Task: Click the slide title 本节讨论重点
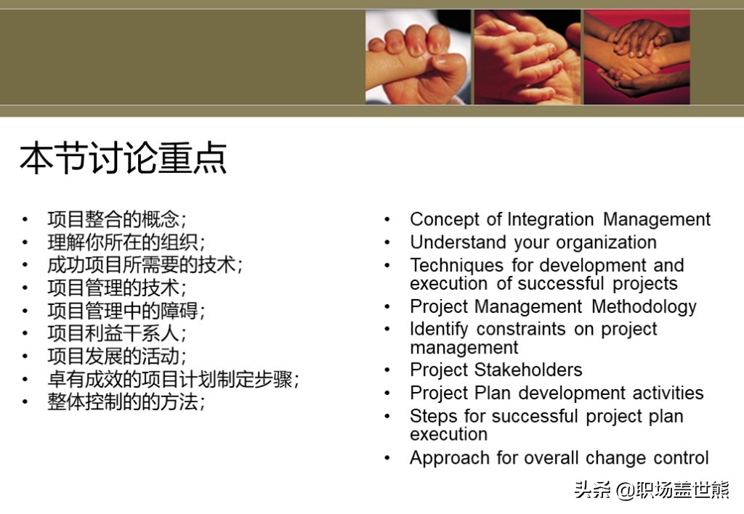pyautogui.click(x=124, y=158)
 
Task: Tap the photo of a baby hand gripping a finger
pyautogui.click(x=418, y=57)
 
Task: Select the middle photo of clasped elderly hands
pyautogui.click(x=527, y=57)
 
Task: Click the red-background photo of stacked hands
pyautogui.click(x=636, y=57)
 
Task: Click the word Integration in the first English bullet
pyautogui.click(x=551, y=219)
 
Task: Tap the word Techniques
pyautogui.click(x=456, y=265)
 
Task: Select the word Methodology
pyautogui.click(x=644, y=307)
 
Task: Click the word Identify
pyautogui.click(x=439, y=329)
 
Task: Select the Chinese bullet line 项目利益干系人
pyautogui.click(x=117, y=333)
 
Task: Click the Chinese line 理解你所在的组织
pyautogui.click(x=126, y=242)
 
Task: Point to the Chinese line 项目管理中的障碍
pyautogui.click(x=126, y=311)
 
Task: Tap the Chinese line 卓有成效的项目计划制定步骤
pyautogui.click(x=173, y=380)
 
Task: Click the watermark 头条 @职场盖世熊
pyautogui.click(x=652, y=490)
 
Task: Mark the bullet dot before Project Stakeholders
pyautogui.click(x=387, y=370)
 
